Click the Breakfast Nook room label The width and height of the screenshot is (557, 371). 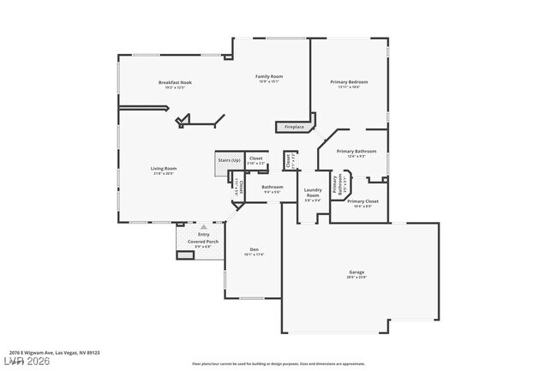pyautogui.click(x=175, y=82)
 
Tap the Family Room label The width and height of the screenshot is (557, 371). pyautogui.click(x=269, y=76)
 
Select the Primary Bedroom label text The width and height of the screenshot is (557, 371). pyautogui.click(x=348, y=81)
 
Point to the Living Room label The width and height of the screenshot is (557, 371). pyautogui.click(x=165, y=168)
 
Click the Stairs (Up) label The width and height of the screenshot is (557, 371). pyautogui.click(x=227, y=159)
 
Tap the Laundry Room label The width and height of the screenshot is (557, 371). pyautogui.click(x=313, y=195)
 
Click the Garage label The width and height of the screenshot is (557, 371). pyautogui.click(x=356, y=272)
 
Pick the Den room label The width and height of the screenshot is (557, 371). pyautogui.click(x=254, y=249)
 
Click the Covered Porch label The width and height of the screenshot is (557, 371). pyautogui.click(x=202, y=242)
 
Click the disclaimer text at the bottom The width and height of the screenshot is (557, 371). pyautogui.click(x=278, y=363)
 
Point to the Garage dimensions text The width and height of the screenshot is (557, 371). pyautogui.click(x=356, y=278)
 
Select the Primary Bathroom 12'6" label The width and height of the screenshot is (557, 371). pyautogui.click(x=351, y=152)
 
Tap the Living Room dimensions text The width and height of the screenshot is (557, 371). pyautogui.click(x=165, y=174)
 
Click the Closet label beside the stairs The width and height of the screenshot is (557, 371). pyautogui.click(x=255, y=159)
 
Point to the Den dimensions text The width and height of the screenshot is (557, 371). pyautogui.click(x=254, y=254)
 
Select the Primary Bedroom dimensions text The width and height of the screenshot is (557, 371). pyautogui.click(x=348, y=87)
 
